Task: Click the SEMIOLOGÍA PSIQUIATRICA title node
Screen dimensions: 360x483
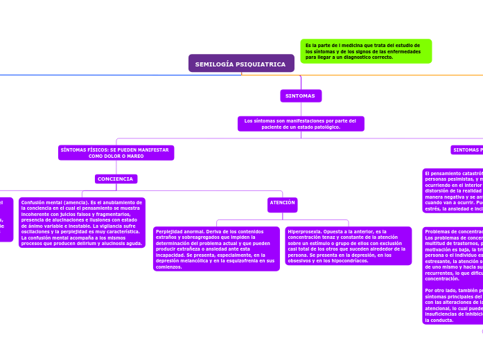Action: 241,64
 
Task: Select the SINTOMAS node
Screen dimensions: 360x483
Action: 300,96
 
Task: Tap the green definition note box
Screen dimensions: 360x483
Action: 366,51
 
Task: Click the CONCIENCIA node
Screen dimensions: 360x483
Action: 116,179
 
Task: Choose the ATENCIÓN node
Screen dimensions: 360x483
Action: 282,204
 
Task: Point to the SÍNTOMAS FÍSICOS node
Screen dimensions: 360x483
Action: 116,153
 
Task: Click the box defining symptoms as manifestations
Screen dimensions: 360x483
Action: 300,124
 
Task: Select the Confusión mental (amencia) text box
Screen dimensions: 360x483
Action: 82,223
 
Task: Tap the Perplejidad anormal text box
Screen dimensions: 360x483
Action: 216,249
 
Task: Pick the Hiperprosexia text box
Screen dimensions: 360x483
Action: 339,246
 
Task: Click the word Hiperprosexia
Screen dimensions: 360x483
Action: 303,231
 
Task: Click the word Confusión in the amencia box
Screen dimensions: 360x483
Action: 34,202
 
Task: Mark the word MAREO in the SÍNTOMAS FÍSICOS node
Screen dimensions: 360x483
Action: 135,156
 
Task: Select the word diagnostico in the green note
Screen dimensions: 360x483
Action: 354,57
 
